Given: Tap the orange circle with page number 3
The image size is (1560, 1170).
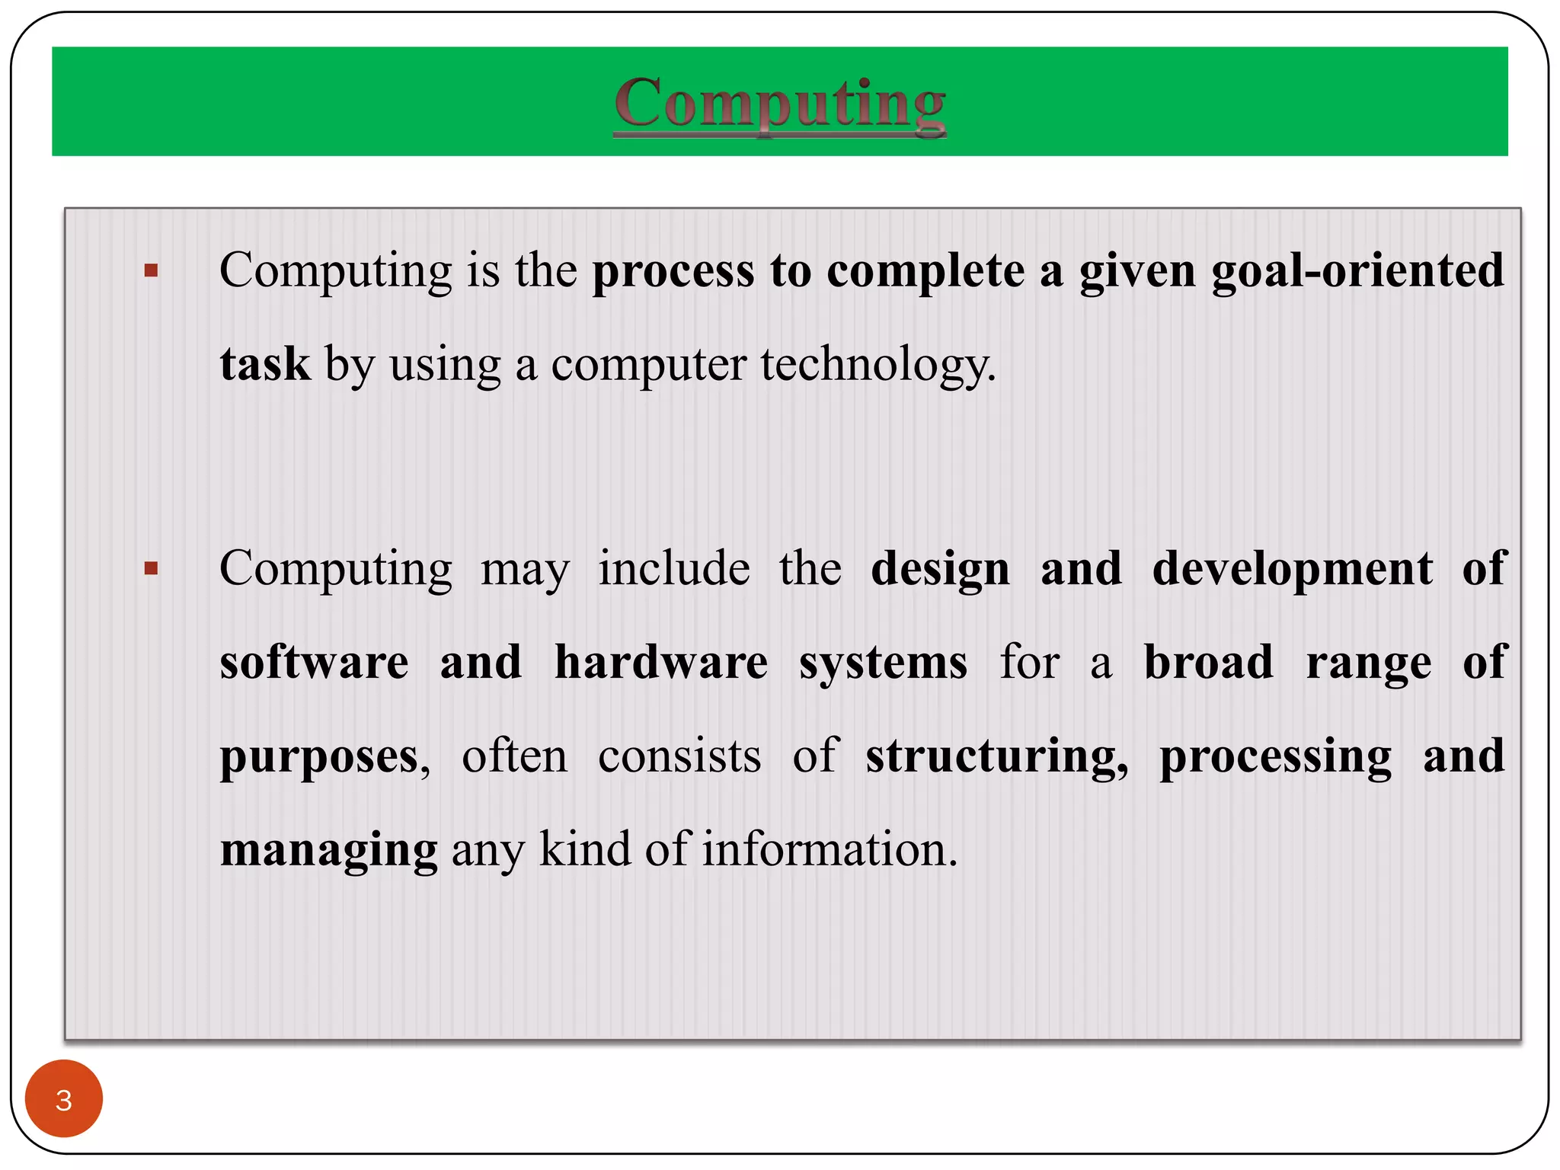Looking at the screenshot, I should point(64,1098).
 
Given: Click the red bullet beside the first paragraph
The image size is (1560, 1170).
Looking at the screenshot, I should point(151,270).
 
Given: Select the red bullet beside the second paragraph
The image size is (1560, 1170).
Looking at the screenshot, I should point(151,568).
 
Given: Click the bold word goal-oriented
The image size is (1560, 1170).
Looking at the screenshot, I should point(1357,271).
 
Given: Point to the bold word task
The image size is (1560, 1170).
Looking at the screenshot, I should point(265,364).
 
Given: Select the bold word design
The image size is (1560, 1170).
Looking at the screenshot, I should point(940,570).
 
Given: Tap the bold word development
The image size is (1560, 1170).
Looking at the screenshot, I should point(1292,570).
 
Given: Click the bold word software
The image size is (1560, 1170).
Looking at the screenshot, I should point(314,662).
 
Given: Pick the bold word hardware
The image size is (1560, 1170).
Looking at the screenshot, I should point(660,662).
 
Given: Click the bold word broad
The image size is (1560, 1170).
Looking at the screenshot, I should point(1208,662).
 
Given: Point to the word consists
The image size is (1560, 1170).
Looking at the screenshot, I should point(679,756).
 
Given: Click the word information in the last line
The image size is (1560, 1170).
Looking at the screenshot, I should point(829,849).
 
